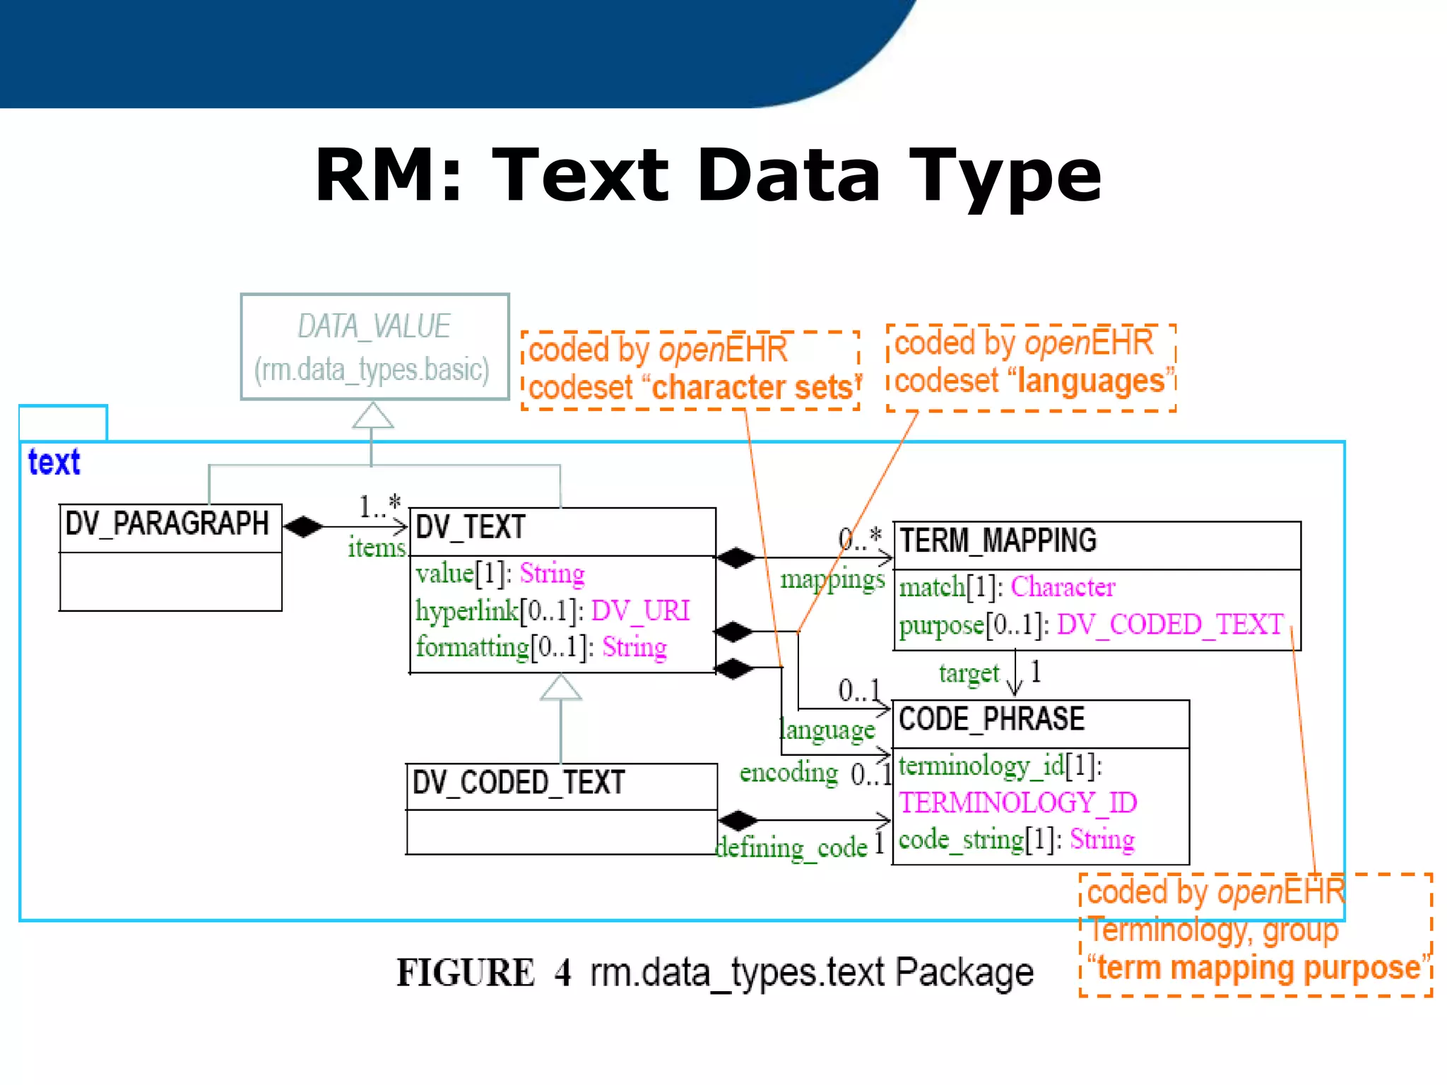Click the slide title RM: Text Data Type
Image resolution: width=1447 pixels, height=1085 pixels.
708,175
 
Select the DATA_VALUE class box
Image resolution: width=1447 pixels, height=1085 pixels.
374,347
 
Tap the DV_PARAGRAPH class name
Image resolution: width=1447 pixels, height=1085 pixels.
167,524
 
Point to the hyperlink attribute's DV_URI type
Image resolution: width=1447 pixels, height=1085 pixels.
640,610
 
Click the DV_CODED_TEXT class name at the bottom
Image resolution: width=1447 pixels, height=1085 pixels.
519,783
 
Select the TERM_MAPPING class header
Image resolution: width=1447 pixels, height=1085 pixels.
998,541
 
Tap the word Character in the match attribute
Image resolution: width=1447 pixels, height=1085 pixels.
1063,587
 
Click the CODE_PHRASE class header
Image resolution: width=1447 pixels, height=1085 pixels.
991,719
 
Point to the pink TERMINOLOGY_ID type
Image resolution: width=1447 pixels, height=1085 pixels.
1017,803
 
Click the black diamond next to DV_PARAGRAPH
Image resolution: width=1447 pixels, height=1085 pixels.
303,526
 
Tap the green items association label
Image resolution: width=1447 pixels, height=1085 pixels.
377,548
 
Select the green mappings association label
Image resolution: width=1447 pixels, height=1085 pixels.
832,580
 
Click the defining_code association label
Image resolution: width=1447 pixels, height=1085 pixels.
792,847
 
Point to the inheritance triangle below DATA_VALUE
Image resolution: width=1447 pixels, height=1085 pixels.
372,416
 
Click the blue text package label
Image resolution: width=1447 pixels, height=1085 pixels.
54,463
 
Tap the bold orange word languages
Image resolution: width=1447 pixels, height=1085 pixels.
1091,381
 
